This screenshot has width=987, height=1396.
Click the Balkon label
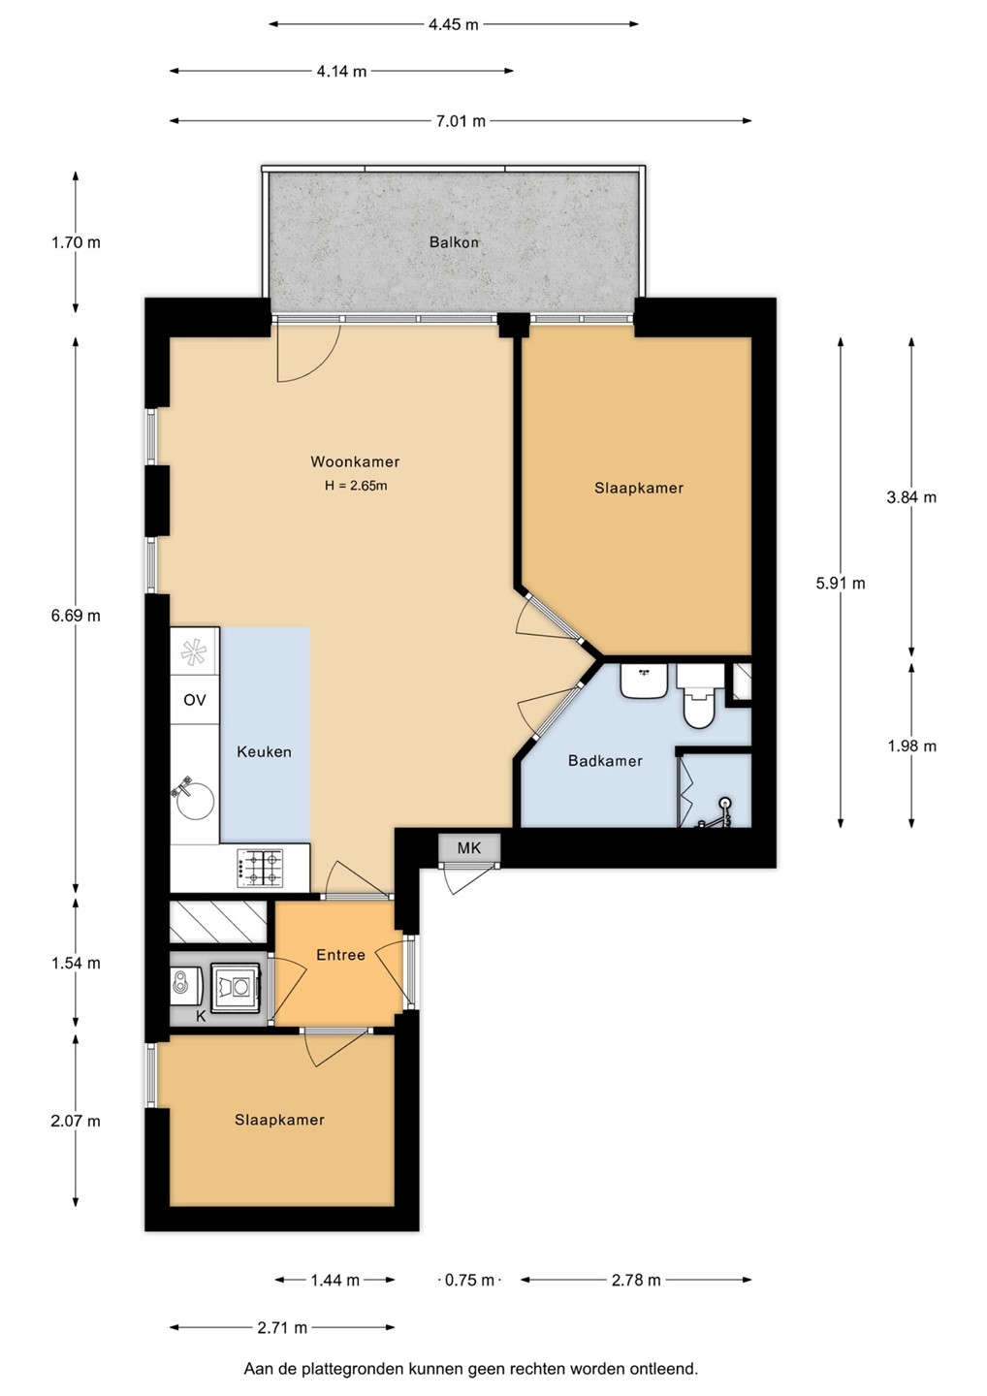tap(454, 241)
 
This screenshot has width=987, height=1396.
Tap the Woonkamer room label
tap(355, 461)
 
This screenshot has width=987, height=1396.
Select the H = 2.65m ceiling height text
tap(356, 486)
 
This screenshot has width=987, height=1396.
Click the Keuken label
tap(264, 751)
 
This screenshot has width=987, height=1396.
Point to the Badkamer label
tap(605, 760)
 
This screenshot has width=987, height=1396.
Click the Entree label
tap(341, 955)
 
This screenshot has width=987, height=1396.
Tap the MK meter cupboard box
tap(469, 847)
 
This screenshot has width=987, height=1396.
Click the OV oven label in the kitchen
tap(195, 700)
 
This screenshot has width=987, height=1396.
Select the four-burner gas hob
tap(259, 869)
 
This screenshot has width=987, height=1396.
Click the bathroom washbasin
tap(644, 682)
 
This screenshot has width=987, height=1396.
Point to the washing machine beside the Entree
tap(236, 987)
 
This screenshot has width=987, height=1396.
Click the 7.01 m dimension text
tap(461, 121)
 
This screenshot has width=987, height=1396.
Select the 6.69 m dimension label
tap(76, 616)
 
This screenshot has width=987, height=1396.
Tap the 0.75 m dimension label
tap(469, 1280)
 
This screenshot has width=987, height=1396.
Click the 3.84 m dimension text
tap(911, 496)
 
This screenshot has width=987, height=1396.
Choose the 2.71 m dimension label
tap(282, 1327)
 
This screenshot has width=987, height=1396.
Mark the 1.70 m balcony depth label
tap(76, 242)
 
